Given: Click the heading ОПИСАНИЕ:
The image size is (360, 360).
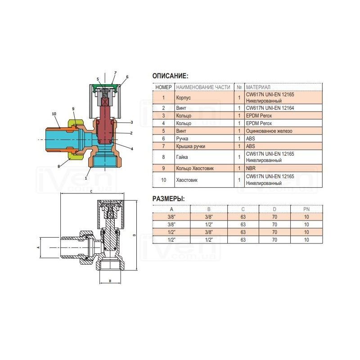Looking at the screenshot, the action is click(x=170, y=76).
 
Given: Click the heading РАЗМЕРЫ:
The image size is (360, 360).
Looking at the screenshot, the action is click(x=168, y=199).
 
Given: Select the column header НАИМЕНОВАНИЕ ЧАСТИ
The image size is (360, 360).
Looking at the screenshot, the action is click(x=203, y=87).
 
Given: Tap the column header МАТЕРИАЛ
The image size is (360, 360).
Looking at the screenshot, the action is click(x=258, y=87).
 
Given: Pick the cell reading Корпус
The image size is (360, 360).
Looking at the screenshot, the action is click(x=183, y=98).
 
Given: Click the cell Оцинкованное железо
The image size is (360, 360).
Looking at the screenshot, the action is click(x=269, y=131).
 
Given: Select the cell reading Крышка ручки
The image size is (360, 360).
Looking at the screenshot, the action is click(x=190, y=146).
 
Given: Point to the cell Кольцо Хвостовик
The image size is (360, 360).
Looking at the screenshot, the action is click(x=195, y=168).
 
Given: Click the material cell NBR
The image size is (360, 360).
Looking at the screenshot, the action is click(x=251, y=168).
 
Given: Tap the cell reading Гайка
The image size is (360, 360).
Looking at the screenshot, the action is click(x=182, y=157).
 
